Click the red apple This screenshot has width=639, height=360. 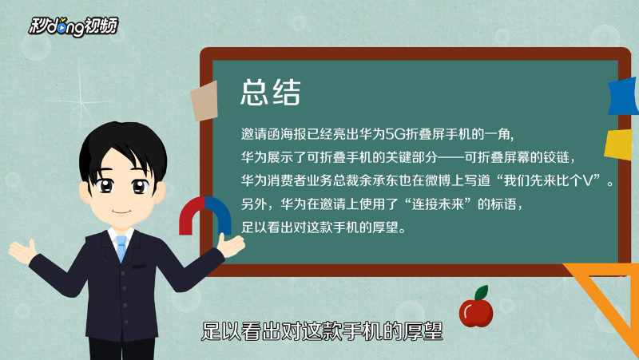(x=475, y=312)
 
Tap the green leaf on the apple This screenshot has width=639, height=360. (x=482, y=292)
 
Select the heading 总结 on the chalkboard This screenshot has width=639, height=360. (x=271, y=93)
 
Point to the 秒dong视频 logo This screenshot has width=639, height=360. (x=73, y=26)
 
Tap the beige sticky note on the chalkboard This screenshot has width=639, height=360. (x=204, y=101)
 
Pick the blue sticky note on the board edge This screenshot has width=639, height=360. (x=623, y=96)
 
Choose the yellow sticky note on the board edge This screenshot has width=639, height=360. (x=620, y=144)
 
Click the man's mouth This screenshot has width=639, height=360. (x=121, y=212)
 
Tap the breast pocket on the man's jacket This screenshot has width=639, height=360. (x=139, y=267)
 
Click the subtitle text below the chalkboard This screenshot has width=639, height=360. (x=322, y=331)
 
